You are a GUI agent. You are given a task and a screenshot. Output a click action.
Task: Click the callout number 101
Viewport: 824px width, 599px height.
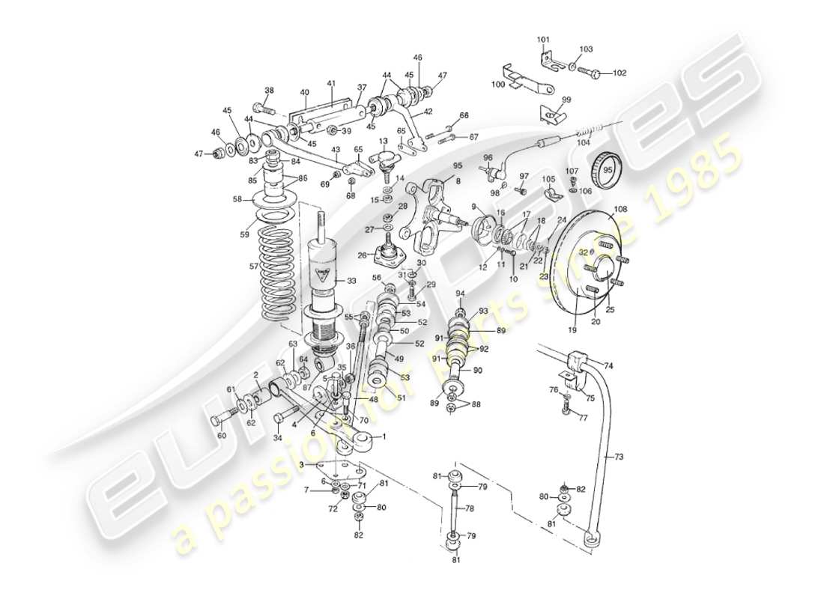[543, 40]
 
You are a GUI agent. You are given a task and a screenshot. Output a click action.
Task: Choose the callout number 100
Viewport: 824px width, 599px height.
[498, 85]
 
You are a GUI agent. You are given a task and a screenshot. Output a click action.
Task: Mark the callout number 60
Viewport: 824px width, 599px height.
[221, 435]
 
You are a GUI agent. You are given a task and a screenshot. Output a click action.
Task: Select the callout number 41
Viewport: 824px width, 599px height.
[330, 83]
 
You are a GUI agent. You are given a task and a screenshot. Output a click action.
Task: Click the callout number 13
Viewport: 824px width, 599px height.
[383, 141]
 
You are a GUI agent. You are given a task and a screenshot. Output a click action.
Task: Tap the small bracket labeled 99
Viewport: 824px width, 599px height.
[551, 114]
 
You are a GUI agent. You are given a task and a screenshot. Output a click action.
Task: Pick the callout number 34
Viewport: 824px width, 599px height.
[278, 437]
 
